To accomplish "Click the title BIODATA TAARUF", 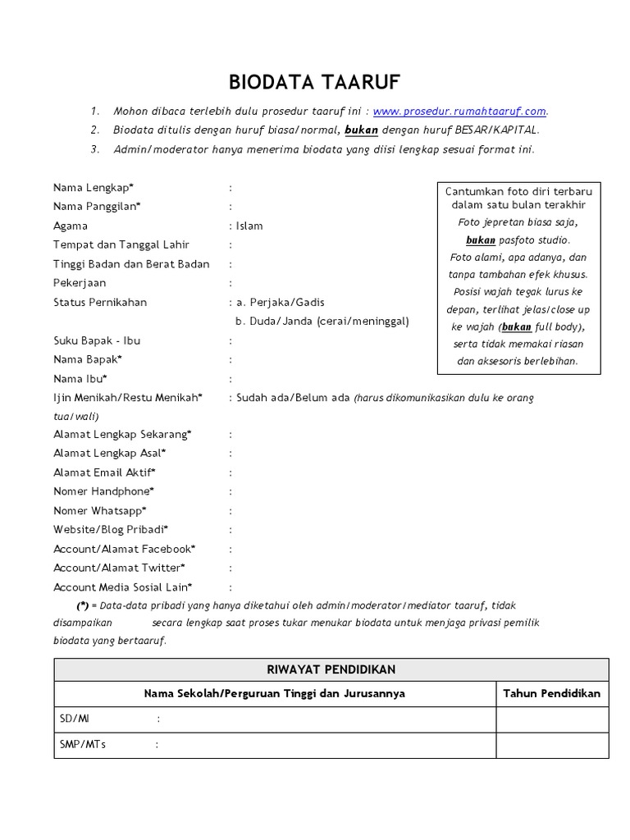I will coord(314,82).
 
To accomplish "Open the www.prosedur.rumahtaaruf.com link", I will coord(459,112).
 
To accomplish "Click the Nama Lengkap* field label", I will coord(94,188).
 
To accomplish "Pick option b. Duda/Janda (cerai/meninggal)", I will coord(322,321).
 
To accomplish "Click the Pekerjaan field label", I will coord(80,283).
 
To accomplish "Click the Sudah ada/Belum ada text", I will coord(293,398).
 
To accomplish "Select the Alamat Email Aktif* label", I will coord(104,472).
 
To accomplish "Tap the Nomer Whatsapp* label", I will coord(100,510).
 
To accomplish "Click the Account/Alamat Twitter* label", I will coord(119,568).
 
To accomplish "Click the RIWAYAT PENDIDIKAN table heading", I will coord(331,669).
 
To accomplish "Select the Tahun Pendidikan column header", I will coord(551,693).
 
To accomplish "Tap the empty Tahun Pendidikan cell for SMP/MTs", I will coord(551,745).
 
